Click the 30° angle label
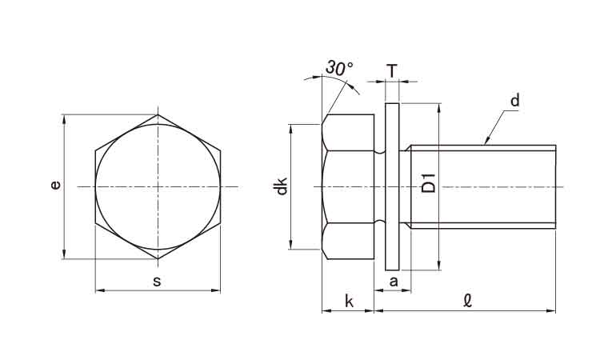(x=340, y=68)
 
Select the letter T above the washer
(x=392, y=70)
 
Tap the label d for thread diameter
(x=515, y=101)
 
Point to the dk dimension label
(x=282, y=186)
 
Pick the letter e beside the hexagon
(x=56, y=186)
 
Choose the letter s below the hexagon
(x=157, y=282)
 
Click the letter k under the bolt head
(x=349, y=302)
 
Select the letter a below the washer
(x=394, y=282)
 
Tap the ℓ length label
(x=467, y=301)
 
